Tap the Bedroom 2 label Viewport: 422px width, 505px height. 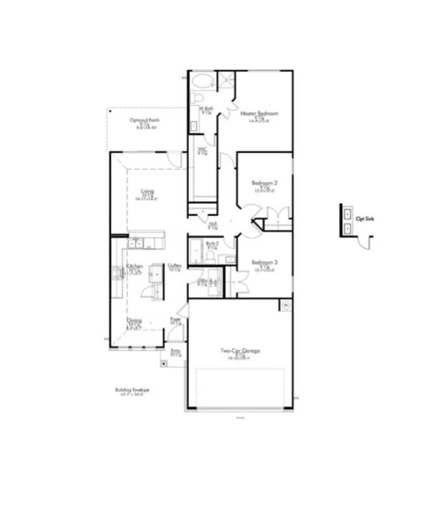tap(264, 184)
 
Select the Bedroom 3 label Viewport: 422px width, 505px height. tap(264, 262)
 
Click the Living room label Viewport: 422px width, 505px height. tap(147, 191)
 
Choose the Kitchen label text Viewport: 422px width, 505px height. tap(135, 267)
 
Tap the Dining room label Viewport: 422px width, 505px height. tap(134, 320)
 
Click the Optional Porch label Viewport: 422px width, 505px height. tap(145, 120)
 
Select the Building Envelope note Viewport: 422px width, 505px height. tap(132, 390)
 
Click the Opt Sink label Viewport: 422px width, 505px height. tap(365, 219)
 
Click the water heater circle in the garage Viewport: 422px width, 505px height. tap(284, 305)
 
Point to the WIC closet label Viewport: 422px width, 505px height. tap(203, 150)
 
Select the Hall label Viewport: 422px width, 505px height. tap(212, 225)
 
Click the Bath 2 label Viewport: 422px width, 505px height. tap(211, 243)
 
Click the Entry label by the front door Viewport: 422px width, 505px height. tap(175, 351)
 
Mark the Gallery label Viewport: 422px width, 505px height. tap(175, 265)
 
